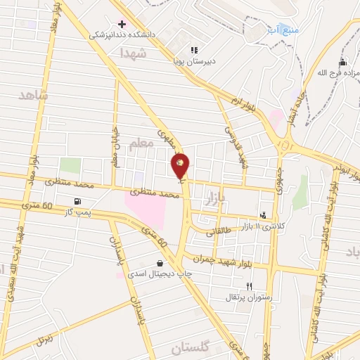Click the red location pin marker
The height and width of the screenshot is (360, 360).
pos(181,165)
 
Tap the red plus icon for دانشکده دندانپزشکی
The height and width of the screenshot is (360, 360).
pos(122,23)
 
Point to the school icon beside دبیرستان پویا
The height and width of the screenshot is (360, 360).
pos(194,50)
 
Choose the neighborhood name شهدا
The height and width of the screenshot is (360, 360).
pos(132,53)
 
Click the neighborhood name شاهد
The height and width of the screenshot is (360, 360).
pos(34,95)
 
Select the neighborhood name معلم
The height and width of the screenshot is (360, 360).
pos(141,143)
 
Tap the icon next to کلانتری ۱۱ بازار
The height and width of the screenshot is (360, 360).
pos(263,215)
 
